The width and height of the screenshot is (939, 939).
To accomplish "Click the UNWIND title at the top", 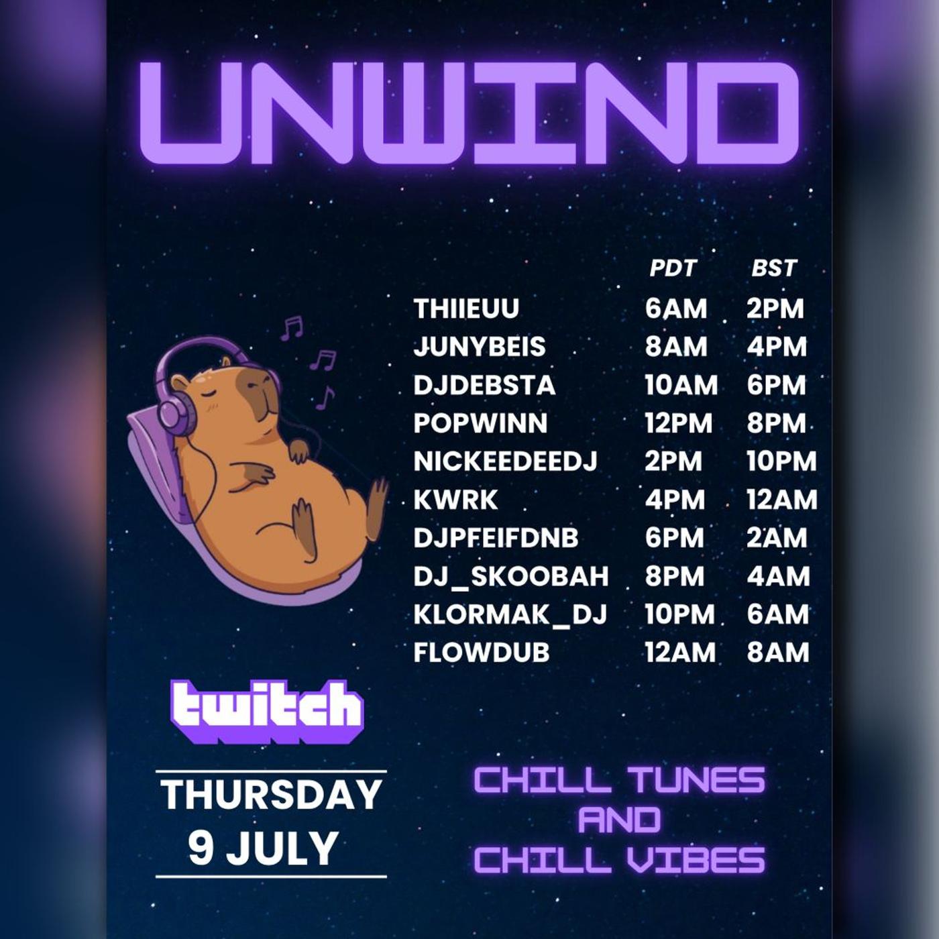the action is (469, 113).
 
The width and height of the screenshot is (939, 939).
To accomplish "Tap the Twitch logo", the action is (267, 712).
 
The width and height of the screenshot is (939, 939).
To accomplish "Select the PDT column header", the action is (673, 268).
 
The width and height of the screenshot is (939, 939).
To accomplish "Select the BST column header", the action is (774, 268).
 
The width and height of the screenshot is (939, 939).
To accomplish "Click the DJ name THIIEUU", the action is (466, 309).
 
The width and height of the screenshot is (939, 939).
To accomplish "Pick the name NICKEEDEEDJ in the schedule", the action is (505, 461).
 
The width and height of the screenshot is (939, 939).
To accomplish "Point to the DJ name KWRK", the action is (455, 500).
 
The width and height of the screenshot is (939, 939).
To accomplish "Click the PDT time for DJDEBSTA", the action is (681, 386).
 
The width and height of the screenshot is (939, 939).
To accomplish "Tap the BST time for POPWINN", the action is (776, 423).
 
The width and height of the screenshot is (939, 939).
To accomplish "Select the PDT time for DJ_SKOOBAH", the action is (675, 576).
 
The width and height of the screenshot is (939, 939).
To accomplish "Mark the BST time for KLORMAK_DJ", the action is (778, 614).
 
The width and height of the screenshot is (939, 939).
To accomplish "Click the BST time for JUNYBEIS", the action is (777, 347).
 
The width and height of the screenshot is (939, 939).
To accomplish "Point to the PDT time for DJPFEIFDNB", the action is (675, 538).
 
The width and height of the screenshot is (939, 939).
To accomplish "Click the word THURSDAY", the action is (272, 795).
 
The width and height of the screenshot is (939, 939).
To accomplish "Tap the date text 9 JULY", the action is (263, 848).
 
